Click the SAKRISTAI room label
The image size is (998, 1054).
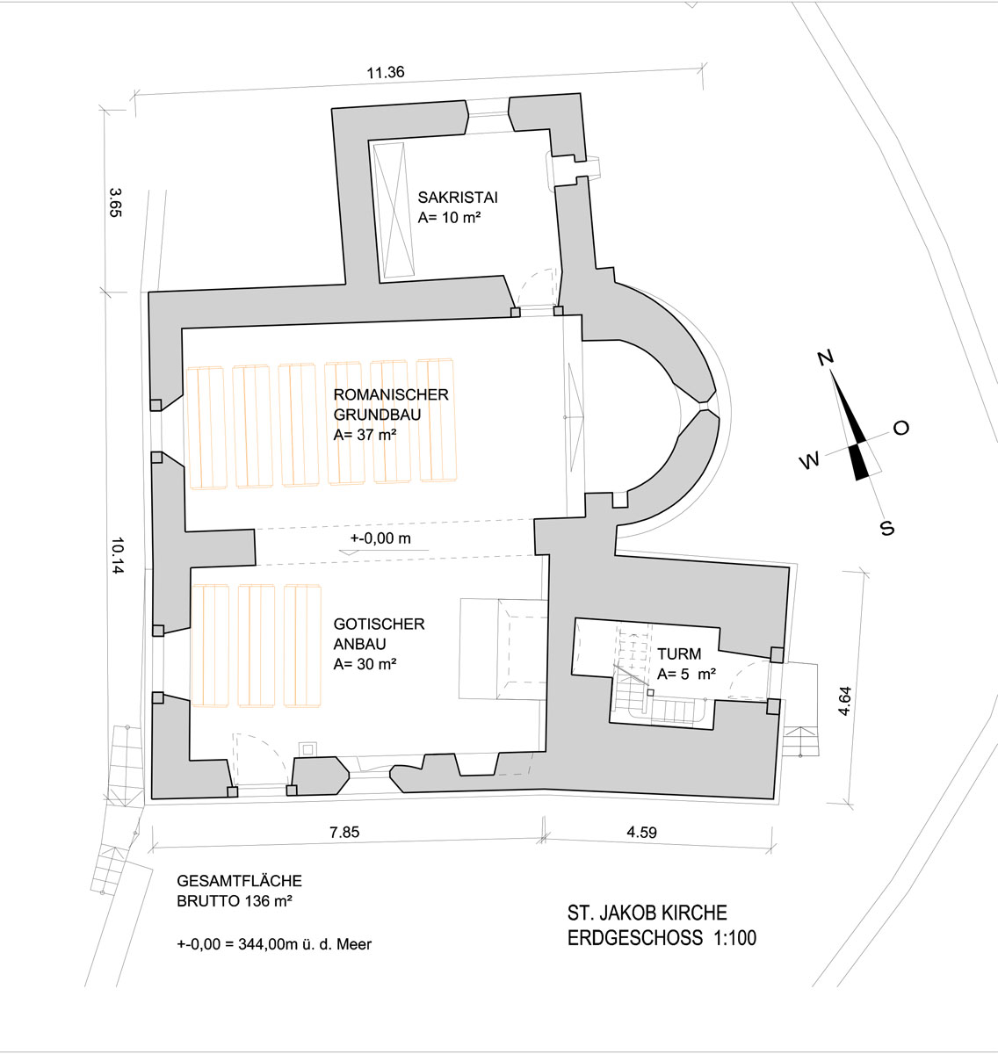[x=458, y=198]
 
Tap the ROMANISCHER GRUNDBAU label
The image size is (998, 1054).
[x=391, y=404]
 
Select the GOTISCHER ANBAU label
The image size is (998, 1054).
[x=380, y=633]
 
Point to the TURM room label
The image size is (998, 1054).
[x=679, y=654]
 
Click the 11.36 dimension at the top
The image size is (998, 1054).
[x=386, y=72]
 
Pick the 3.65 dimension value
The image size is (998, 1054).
[x=115, y=202]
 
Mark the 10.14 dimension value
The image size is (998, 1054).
[x=118, y=556]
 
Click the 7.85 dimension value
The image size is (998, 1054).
[x=344, y=832]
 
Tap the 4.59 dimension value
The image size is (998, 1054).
[x=641, y=832]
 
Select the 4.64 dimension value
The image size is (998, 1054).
[x=844, y=701]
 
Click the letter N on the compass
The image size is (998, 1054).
[x=826, y=357]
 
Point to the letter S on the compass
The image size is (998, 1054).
[x=887, y=528]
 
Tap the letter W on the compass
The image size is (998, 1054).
[x=810, y=460]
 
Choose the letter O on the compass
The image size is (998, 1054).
[x=901, y=428]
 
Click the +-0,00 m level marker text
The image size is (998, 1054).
[x=380, y=538]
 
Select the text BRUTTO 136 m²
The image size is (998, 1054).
[x=235, y=900]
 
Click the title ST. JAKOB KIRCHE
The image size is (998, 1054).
[x=647, y=913]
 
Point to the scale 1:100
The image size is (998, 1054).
[x=734, y=938]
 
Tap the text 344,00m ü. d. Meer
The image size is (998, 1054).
[x=305, y=944]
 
